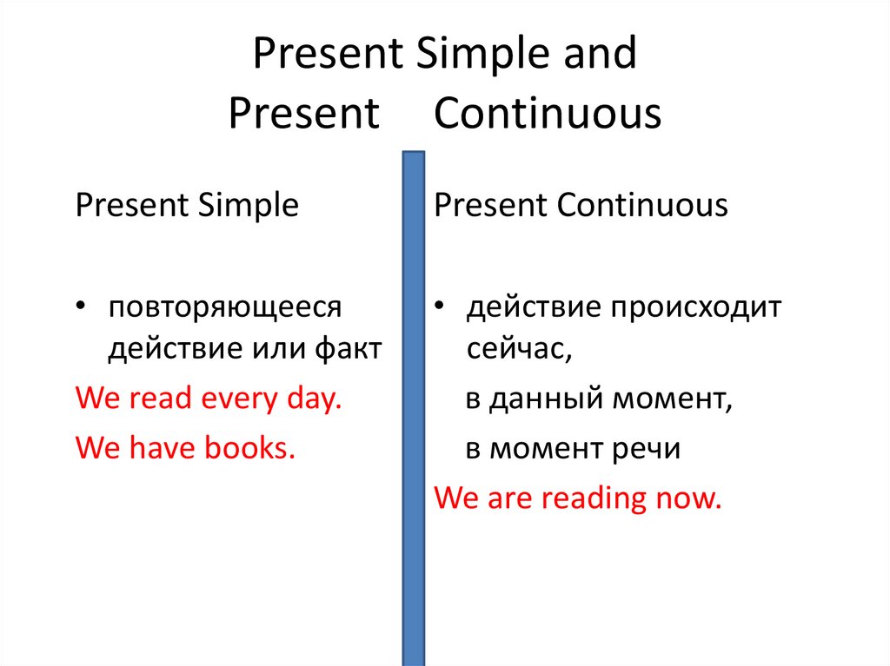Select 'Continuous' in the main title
(x=548, y=114)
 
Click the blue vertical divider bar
(x=414, y=408)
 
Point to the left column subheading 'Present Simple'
(x=187, y=206)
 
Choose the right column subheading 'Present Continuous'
(x=581, y=206)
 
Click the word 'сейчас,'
(x=519, y=349)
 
